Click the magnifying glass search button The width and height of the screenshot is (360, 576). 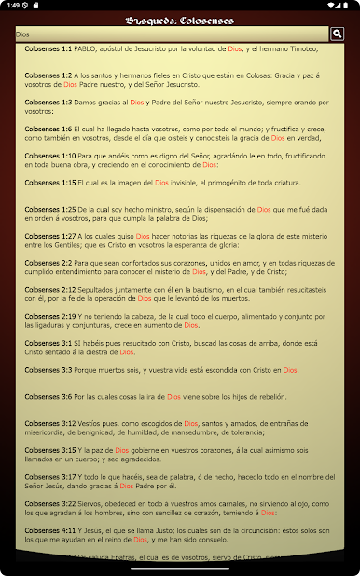338,34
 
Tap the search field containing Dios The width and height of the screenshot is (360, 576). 168,34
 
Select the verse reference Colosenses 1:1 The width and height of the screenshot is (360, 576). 48,46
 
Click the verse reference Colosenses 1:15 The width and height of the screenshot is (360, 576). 50,183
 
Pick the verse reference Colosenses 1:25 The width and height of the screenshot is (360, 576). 50,210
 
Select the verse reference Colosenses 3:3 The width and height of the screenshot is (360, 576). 48,370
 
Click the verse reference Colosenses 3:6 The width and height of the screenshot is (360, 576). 48,397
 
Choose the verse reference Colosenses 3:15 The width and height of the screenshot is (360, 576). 50,451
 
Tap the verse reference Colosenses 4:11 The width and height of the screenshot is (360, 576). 50,531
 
